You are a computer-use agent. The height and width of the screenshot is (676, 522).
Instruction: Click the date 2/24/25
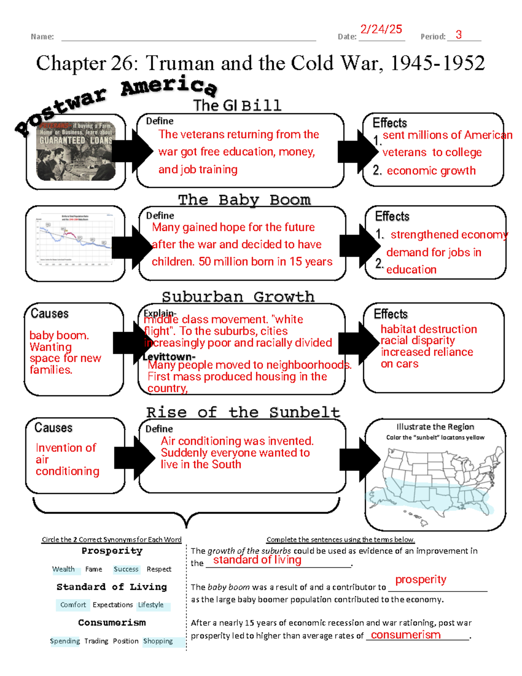click(381, 29)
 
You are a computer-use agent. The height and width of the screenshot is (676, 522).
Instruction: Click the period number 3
click(458, 35)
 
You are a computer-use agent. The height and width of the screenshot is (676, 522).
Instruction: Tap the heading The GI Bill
click(237, 105)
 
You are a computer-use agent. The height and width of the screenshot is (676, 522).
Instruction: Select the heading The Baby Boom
click(244, 200)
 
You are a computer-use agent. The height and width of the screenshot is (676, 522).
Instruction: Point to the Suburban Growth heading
click(238, 297)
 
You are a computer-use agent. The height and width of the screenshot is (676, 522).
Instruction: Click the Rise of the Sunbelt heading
click(243, 412)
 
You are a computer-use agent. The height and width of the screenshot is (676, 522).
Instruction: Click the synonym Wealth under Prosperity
click(64, 569)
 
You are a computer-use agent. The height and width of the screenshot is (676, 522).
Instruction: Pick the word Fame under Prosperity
click(94, 569)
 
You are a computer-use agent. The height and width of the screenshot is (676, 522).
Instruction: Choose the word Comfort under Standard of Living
click(73, 605)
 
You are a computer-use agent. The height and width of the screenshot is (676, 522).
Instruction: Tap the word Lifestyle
click(151, 605)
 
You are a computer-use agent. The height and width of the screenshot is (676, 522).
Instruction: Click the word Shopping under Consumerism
click(158, 641)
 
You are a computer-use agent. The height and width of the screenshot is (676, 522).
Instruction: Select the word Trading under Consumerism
click(96, 641)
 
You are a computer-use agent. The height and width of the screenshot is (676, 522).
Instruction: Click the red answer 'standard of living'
click(257, 560)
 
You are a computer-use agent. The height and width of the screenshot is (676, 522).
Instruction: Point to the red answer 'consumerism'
click(405, 635)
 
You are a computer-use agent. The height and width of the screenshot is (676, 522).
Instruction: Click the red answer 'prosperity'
click(421, 579)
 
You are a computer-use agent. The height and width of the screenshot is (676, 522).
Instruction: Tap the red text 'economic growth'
click(431, 171)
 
